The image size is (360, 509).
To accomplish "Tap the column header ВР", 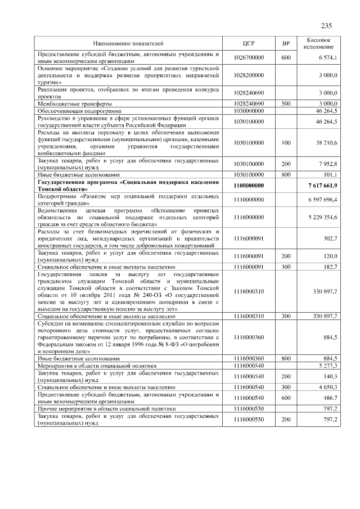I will pyautogui.click(x=286, y=43).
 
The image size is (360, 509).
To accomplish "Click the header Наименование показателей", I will pyautogui.click(x=128, y=43).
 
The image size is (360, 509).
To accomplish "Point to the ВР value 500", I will pyautogui.click(x=286, y=104).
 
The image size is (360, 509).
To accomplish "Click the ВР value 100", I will pyautogui.click(x=286, y=143).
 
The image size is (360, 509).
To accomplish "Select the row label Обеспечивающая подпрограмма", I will pyautogui.click(x=79, y=111).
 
